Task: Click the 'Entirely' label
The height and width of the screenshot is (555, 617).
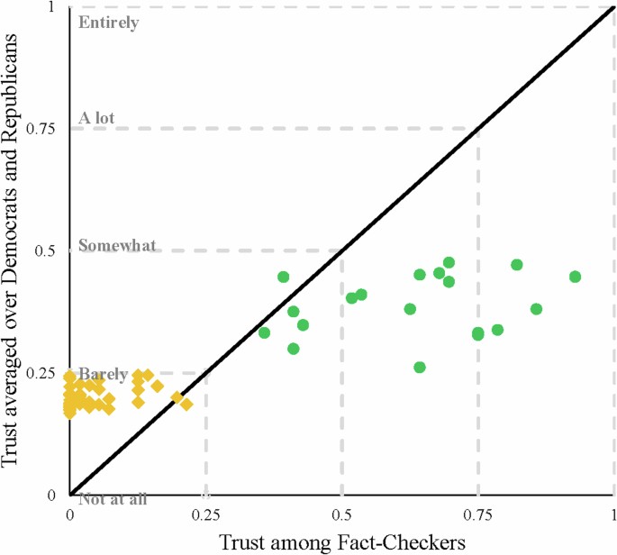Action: (x=108, y=23)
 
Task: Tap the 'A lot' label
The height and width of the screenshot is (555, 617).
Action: (x=96, y=118)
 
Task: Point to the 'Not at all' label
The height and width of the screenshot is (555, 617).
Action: (x=113, y=498)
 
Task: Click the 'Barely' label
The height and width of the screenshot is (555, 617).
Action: (x=103, y=374)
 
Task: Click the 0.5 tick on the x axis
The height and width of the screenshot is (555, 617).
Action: (x=341, y=516)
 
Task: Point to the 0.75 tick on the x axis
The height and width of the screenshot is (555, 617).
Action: (x=477, y=516)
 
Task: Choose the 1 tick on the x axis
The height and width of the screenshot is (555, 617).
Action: (x=613, y=516)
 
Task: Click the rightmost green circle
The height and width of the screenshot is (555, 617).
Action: (x=575, y=277)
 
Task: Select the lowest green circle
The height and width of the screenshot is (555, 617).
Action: (x=419, y=367)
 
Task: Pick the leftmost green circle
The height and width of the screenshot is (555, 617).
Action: (x=264, y=332)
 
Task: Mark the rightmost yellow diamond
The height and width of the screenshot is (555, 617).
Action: (x=186, y=404)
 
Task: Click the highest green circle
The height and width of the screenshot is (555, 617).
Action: (x=449, y=262)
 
